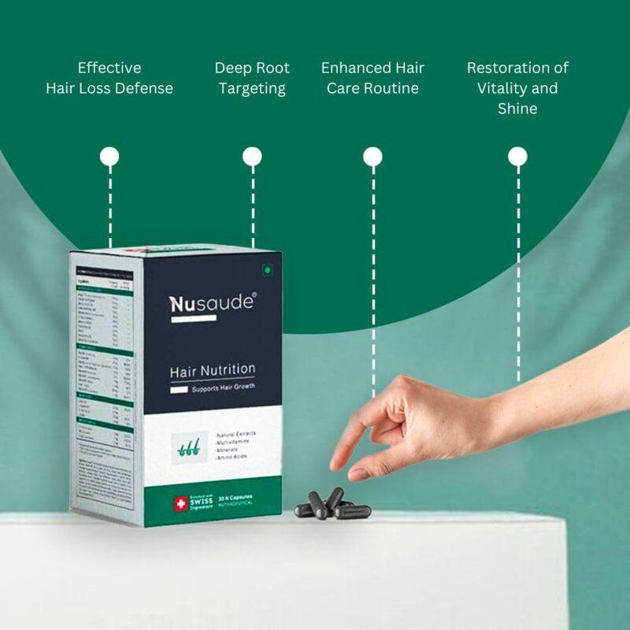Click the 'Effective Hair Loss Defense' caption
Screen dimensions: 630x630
point(109,78)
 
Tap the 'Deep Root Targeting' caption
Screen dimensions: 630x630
point(252,78)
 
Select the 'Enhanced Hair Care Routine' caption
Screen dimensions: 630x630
point(372,78)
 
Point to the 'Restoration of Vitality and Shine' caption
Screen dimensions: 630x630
point(517,88)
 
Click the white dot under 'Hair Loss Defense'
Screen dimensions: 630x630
point(110,156)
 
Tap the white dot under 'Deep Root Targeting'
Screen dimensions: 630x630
point(252,156)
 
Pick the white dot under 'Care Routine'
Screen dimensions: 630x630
point(372,157)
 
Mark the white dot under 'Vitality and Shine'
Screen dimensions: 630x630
point(517,156)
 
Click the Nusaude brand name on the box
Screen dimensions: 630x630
point(212,303)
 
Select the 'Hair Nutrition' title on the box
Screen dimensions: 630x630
point(213,369)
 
